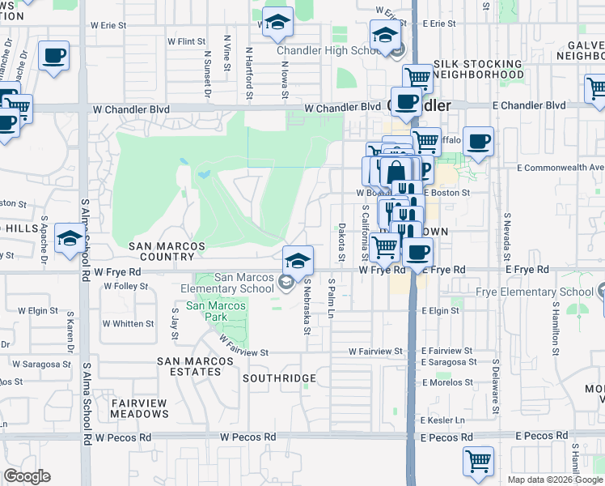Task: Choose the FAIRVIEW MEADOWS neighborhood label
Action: tap(139, 408)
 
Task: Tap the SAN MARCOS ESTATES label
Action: tap(189, 366)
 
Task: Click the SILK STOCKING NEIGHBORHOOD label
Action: tap(478, 69)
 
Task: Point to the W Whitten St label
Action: tap(128, 324)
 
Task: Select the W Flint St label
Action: tap(187, 40)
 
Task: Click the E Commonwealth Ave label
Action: tap(561, 168)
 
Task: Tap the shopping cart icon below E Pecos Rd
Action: tap(478, 461)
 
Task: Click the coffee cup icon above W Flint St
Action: tap(53, 57)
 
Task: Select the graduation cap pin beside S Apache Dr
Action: tap(70, 240)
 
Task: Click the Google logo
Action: tap(27, 476)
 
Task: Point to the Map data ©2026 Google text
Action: tap(554, 480)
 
